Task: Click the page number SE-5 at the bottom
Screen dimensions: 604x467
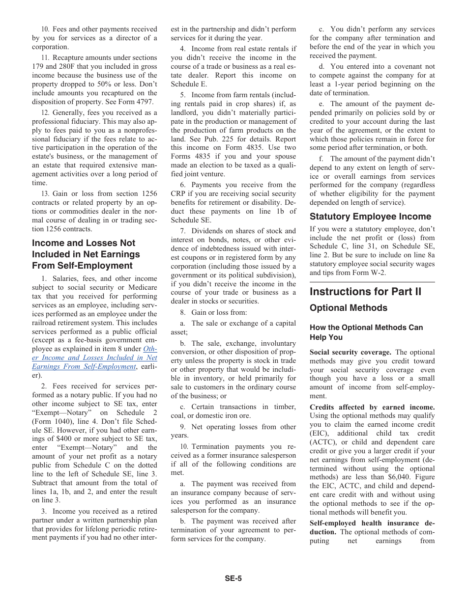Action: [233, 578]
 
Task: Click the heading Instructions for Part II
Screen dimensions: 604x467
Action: [365, 292]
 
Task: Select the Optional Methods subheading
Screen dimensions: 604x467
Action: [349, 308]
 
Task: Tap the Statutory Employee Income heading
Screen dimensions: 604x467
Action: [370, 217]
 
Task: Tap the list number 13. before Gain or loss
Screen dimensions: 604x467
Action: [45, 194]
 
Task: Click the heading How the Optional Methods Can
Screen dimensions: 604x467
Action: [366, 328]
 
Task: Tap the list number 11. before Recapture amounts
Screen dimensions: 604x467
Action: [45, 58]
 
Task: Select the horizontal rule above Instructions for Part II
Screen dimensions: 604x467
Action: [372, 282]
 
